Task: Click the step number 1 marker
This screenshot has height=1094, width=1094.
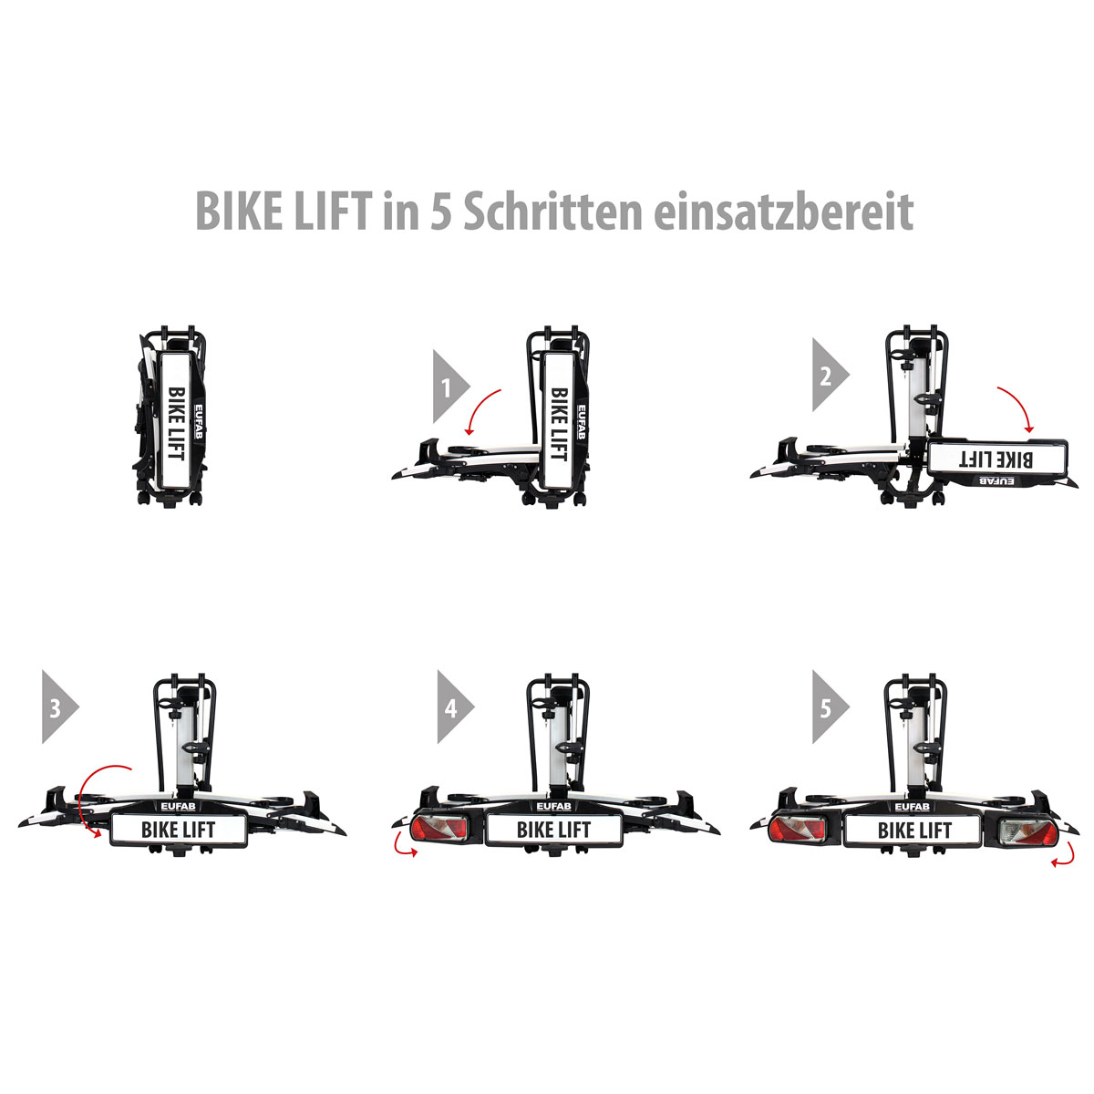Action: pos(448,386)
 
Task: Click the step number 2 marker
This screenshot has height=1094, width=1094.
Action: pos(827,375)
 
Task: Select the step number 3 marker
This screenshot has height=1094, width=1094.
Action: pos(57,707)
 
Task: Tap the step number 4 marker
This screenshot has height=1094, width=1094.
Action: pos(451,707)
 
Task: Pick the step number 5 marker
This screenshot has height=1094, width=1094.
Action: pos(827,707)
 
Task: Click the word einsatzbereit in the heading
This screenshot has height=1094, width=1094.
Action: pos(783,212)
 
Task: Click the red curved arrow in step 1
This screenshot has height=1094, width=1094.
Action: pos(480,410)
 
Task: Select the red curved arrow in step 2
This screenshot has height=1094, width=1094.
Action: pos(1017,407)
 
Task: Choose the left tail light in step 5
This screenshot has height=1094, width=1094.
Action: pos(796,830)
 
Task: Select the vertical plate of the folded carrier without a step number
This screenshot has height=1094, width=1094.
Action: pos(175,418)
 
